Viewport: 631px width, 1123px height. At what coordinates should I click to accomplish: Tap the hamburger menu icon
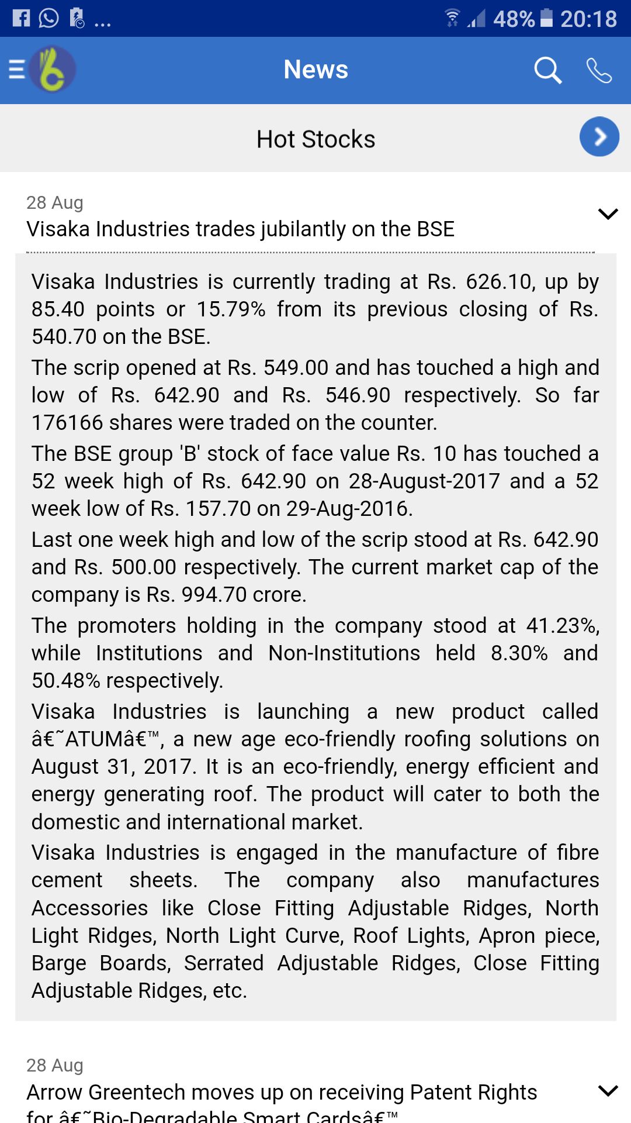click(16, 70)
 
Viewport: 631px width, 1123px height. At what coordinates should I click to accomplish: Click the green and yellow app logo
click(53, 70)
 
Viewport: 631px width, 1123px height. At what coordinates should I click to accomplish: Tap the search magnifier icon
click(547, 70)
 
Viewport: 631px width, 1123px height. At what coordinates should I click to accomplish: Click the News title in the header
click(315, 70)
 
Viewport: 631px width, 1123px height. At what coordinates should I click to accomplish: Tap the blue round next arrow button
click(599, 137)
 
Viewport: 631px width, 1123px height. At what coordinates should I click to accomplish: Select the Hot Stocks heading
click(315, 139)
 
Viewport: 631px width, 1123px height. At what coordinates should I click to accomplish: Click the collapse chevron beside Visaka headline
click(608, 214)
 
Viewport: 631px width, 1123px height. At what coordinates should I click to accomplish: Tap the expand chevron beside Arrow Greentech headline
click(608, 1091)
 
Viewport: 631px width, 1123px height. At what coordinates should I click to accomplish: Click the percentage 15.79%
click(231, 309)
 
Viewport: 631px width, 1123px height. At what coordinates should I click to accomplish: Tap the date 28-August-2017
click(424, 481)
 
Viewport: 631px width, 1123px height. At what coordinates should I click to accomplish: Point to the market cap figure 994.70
click(214, 595)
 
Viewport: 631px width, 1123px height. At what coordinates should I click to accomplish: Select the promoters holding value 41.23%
click(562, 626)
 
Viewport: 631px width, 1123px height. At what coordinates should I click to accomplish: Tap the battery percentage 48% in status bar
click(514, 19)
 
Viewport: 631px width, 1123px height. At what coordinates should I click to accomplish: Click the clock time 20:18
click(588, 19)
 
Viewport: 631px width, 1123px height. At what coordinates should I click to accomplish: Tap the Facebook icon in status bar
click(21, 18)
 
